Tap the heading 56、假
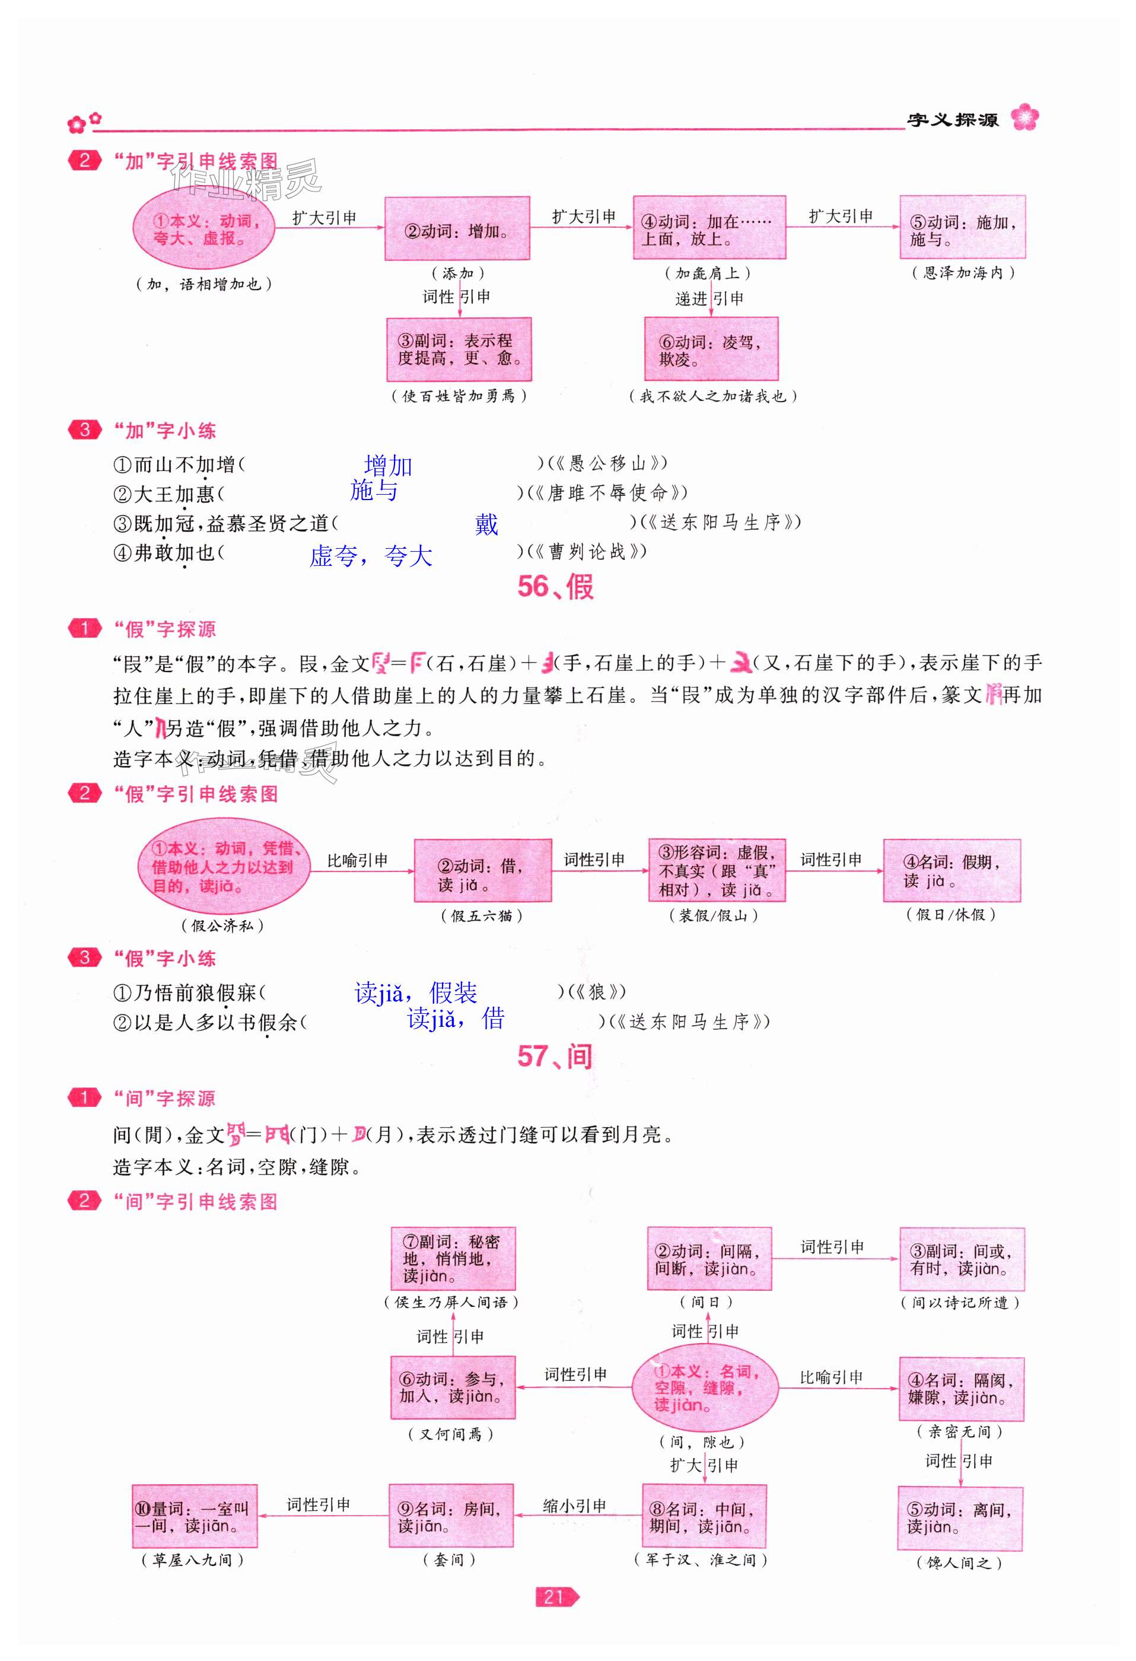coord(555,587)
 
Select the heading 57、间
coord(555,1057)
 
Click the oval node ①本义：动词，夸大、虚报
coord(203,229)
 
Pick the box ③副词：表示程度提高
coord(459,349)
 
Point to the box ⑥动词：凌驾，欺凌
coord(710,349)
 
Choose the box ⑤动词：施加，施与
coord(962,227)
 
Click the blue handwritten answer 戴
coord(486,524)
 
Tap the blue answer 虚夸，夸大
coord(370,556)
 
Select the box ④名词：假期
coord(951,870)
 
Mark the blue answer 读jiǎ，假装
coord(415,992)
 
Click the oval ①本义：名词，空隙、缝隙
coord(704,1388)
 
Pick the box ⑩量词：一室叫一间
coord(195,1516)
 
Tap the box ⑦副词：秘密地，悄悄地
coord(453,1259)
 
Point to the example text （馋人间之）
coord(959,1563)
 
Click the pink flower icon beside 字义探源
coord(1024,117)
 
